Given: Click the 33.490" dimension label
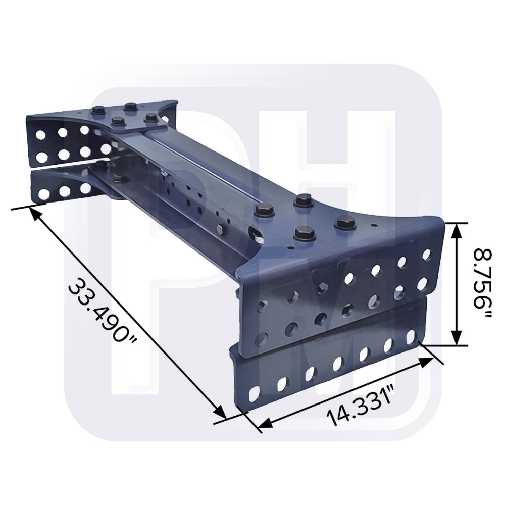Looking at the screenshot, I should [104, 312].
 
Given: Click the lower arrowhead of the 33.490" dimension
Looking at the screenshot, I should [221, 413].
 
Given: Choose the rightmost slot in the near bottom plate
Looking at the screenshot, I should [411, 335].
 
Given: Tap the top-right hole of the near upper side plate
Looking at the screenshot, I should [427, 253].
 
